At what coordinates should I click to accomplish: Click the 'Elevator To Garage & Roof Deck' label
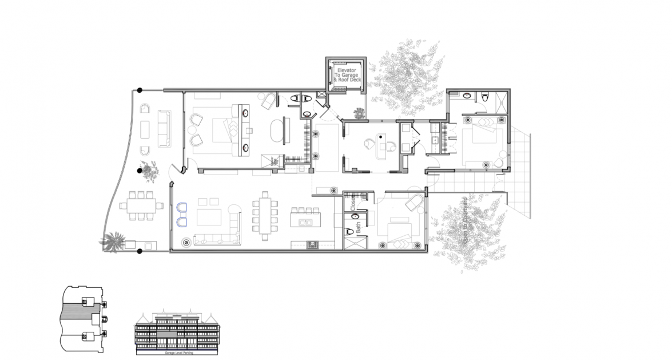point(346,75)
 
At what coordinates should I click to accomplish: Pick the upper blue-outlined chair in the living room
point(183,208)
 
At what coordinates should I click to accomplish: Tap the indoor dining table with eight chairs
point(265,215)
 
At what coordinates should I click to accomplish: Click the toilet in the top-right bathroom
point(485,98)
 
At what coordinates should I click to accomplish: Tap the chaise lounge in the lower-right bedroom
point(414,203)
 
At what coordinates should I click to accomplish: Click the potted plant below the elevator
point(359,114)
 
